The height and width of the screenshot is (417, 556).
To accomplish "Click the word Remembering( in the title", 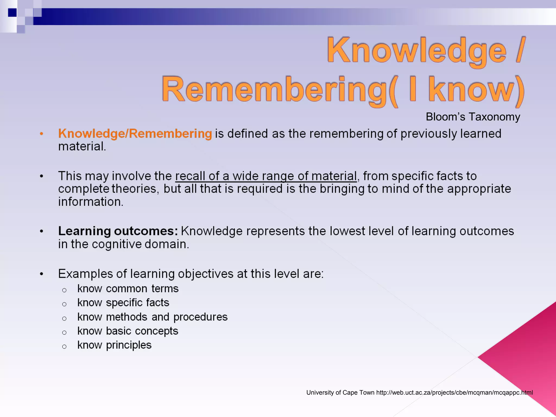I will point(280,90).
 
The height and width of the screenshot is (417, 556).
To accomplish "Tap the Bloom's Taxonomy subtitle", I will point(473,117).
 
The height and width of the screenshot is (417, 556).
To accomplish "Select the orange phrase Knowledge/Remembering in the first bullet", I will point(135,134).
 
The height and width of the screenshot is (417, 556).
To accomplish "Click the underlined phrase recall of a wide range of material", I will point(266,176).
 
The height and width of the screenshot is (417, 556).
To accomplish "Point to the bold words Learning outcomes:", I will point(118,231).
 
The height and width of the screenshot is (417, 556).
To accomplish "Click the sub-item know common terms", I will point(128,289).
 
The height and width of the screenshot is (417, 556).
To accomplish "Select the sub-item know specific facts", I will point(123,303).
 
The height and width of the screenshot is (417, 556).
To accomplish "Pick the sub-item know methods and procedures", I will point(152,317).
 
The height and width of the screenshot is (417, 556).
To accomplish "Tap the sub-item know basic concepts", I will point(128,331).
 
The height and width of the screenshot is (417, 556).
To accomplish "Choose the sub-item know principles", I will point(114,345).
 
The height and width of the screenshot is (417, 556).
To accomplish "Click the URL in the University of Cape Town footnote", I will point(454,393).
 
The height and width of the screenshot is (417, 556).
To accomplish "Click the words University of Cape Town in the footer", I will point(340,393).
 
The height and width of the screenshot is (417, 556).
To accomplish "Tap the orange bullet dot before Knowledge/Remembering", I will point(42,134).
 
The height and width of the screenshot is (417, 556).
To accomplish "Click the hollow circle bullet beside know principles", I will point(64,347).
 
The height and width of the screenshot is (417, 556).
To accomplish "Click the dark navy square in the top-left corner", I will point(12,12).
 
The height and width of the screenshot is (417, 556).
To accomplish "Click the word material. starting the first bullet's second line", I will point(82,147).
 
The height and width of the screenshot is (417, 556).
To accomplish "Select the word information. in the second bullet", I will point(91,202).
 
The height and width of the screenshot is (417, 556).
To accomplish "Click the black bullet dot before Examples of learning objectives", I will point(42,274).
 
